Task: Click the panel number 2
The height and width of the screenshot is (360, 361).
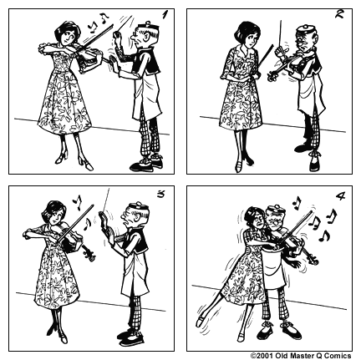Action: click(x=340, y=14)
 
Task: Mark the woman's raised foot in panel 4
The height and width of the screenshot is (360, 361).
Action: click(x=200, y=318)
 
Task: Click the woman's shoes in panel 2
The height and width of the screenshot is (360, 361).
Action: click(x=242, y=165)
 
